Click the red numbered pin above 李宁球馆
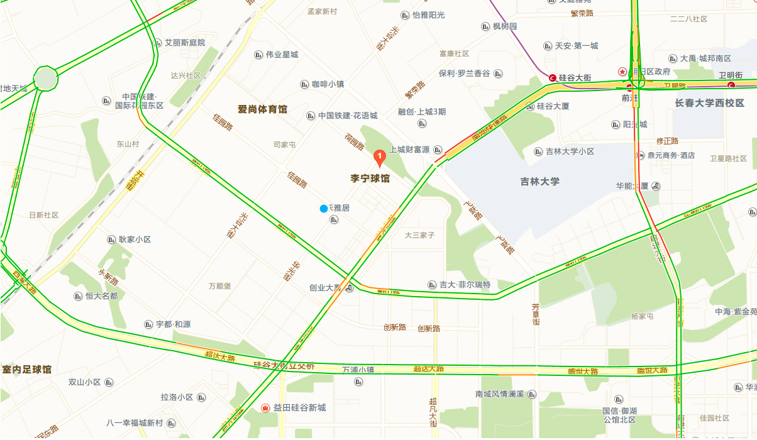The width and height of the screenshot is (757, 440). [380, 157]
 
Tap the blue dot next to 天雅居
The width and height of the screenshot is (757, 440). [324, 209]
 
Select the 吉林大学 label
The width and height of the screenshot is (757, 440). [539, 182]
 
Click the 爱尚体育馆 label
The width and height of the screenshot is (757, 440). [262, 109]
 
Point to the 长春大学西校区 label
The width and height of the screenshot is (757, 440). [709, 103]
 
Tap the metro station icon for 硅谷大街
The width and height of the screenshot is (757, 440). [553, 78]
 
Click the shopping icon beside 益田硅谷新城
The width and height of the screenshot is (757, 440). [265, 408]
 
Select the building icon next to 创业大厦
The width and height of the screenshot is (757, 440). [350, 289]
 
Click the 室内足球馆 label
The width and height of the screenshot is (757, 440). [26, 369]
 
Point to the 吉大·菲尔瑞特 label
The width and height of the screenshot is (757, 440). [465, 285]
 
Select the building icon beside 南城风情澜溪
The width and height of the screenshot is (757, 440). [532, 394]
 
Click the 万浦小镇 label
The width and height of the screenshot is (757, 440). [358, 370]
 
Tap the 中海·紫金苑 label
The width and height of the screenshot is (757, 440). [736, 312]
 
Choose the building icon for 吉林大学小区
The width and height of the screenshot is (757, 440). [538, 151]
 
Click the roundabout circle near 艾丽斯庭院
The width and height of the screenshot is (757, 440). [45, 79]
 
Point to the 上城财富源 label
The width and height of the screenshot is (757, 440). [409, 150]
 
